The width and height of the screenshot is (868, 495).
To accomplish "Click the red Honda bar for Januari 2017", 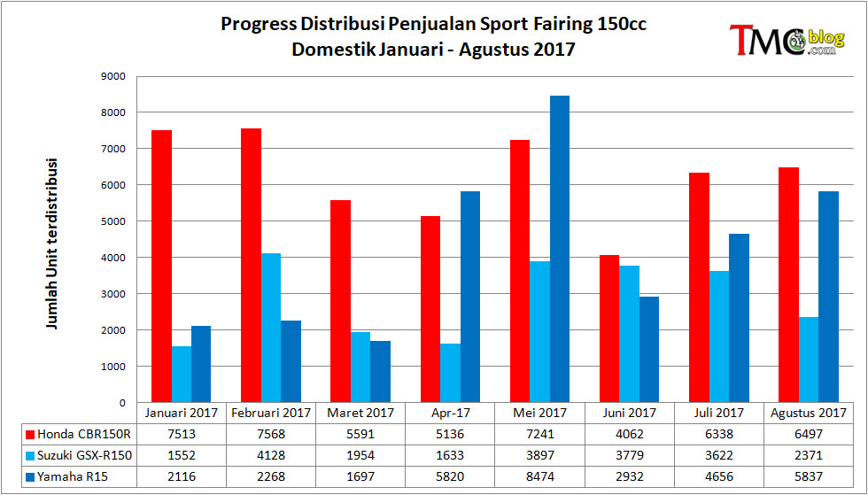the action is tap(161, 267).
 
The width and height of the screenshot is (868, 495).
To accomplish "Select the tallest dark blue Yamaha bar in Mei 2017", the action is tap(559, 249).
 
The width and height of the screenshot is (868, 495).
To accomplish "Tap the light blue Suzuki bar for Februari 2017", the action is tap(271, 328).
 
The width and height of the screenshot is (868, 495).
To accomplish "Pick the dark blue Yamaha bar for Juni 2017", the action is tap(648, 350).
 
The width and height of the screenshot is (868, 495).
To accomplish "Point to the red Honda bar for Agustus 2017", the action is tap(788, 284).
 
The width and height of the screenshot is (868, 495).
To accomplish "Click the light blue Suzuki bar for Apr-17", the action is tap(450, 373).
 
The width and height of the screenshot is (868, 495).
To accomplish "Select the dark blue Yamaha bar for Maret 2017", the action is tap(380, 372).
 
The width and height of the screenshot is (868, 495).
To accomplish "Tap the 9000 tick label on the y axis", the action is tap(114, 76).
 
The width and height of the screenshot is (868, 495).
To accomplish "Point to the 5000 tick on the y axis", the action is tap(114, 221).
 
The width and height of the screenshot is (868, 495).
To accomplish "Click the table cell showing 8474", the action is tap(539, 476).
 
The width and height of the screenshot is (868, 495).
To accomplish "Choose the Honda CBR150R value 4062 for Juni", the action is tap(630, 434).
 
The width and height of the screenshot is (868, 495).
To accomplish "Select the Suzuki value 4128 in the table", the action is tap(271, 455).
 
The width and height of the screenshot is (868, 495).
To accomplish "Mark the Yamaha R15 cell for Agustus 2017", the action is tap(808, 476).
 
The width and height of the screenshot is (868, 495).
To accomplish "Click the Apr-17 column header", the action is tap(450, 413).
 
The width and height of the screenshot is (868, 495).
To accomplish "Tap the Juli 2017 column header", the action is tap(718, 413).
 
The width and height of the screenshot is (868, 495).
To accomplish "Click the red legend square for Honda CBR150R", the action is tap(31, 434).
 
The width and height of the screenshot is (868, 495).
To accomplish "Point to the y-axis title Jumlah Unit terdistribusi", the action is tap(52, 244).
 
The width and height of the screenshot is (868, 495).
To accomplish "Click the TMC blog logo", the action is tap(787, 40).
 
